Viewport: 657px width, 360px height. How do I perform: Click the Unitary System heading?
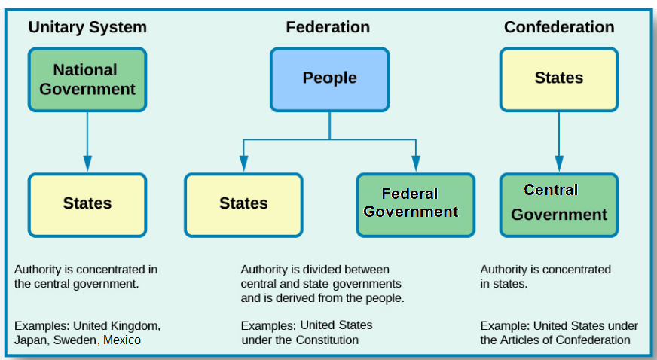(87, 28)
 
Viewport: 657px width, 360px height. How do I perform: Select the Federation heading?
(328, 28)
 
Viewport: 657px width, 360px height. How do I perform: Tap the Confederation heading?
(559, 28)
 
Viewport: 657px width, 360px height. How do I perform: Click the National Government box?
(87, 80)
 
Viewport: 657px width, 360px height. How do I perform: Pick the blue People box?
(329, 78)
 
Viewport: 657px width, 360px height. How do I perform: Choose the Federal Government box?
(415, 204)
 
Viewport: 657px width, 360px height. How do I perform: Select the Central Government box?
(559, 204)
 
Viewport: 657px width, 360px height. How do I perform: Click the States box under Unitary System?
(87, 204)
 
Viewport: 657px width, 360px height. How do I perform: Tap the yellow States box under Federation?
(243, 204)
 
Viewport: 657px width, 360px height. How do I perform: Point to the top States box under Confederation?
(559, 78)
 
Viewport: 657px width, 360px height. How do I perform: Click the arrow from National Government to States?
(87, 139)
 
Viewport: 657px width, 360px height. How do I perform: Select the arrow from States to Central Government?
(559, 139)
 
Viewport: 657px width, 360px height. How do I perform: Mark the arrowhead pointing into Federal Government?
(415, 163)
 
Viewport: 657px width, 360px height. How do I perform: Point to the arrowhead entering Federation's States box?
(243, 163)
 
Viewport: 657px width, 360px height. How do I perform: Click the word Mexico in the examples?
(122, 340)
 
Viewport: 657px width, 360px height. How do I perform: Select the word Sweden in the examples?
(75, 340)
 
